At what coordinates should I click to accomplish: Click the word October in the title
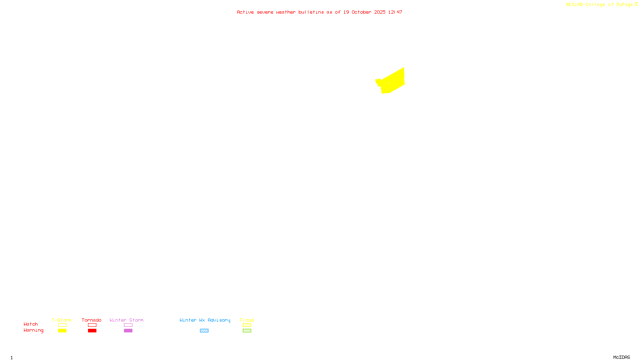pos(361,12)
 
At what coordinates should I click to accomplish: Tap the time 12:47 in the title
pos(395,12)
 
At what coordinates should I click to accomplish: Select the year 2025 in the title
pos(380,12)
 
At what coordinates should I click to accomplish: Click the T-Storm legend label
pos(62,320)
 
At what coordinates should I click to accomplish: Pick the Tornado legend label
pos(92,320)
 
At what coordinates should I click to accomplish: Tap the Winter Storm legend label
pos(126,320)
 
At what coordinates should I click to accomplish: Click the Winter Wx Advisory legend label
pos(205,320)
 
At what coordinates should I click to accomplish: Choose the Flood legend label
pos(247,320)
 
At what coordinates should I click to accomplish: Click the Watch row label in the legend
pos(31,324)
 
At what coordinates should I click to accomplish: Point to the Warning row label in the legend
pos(34,330)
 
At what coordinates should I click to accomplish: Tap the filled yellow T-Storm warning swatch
pos(62,331)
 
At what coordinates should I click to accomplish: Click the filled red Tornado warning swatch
pos(92,331)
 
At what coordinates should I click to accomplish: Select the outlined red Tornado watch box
pos(92,325)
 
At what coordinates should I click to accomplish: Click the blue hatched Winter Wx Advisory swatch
pos(204,331)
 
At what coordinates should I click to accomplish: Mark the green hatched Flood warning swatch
pos(247,331)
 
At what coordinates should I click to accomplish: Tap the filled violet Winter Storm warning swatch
pos(128,331)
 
